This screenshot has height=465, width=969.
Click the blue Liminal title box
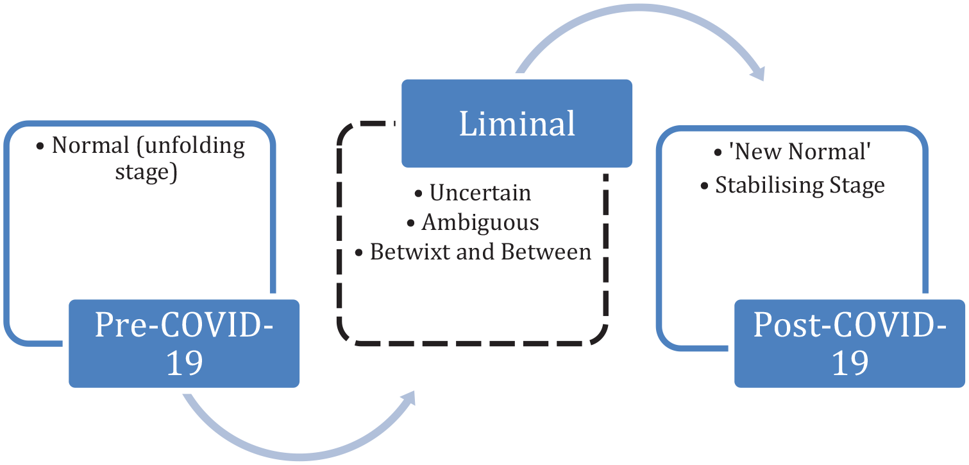[x=516, y=123]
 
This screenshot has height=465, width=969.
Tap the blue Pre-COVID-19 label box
[x=184, y=343]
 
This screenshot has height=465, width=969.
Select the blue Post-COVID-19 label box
[x=850, y=343]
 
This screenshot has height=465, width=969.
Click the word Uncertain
[x=480, y=193]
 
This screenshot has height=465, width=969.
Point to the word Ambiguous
[x=480, y=223]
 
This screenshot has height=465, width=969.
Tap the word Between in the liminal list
[x=546, y=252]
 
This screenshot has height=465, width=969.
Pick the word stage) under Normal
[x=146, y=172]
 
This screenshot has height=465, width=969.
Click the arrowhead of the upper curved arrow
[x=757, y=73]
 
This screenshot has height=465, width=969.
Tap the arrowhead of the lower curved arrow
[x=408, y=398]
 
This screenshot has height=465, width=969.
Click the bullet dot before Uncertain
[x=418, y=193]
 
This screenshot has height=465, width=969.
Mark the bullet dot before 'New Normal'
[x=718, y=152]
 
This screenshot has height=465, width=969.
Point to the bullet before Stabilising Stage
[x=704, y=186]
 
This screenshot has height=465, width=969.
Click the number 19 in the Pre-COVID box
[x=184, y=363]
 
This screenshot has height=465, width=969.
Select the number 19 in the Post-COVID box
[x=850, y=363]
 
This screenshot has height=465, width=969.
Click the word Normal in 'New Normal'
[x=829, y=152]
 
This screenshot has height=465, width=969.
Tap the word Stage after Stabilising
[x=857, y=186]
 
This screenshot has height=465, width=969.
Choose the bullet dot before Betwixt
[x=358, y=252]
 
